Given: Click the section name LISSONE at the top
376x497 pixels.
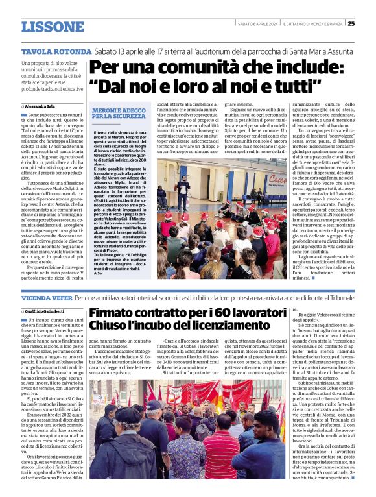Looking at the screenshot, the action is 53,27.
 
